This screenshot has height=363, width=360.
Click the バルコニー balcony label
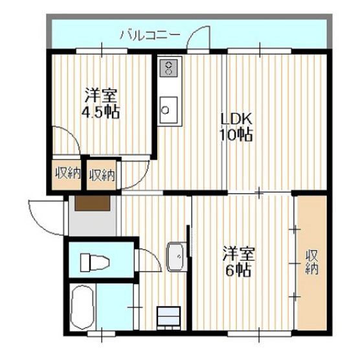(x=150, y=36)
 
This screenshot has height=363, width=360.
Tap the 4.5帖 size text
(x=100, y=111)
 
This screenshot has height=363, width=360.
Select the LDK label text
(x=236, y=120)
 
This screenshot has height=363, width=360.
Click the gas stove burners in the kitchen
(x=169, y=68)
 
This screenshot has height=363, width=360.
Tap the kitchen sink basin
(x=169, y=110)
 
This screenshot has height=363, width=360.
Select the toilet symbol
(x=95, y=263)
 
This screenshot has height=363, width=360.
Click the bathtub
(x=82, y=307)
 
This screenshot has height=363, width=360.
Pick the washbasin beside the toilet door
(x=177, y=257)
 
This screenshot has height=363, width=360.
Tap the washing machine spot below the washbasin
(x=169, y=317)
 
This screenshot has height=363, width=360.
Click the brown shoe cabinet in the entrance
(x=93, y=204)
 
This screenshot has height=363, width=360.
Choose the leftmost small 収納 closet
(x=67, y=174)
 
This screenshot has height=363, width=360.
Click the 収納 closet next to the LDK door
(x=102, y=174)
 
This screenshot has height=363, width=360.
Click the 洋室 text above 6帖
(x=239, y=253)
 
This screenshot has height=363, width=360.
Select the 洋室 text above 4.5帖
(x=101, y=95)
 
